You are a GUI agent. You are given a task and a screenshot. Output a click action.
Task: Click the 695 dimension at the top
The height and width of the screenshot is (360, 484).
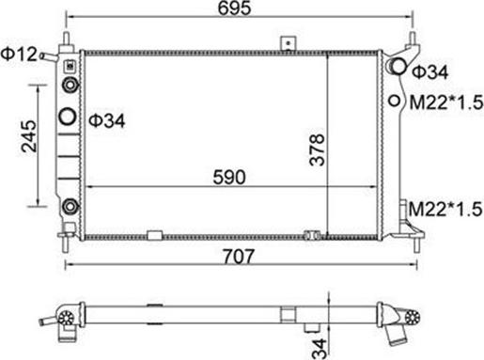click(x=235, y=8)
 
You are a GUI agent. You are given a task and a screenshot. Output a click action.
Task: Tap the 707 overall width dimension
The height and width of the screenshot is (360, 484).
click(x=239, y=257)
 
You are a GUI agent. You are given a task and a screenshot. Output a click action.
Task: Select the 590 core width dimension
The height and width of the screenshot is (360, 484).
click(x=229, y=178)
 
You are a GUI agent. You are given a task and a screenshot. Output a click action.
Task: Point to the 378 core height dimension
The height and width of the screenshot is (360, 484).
click(x=317, y=149)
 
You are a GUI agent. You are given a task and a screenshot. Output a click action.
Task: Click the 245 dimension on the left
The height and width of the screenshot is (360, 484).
click(x=29, y=136)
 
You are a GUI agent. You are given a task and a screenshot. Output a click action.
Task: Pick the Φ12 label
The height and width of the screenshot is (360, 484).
click(x=19, y=54)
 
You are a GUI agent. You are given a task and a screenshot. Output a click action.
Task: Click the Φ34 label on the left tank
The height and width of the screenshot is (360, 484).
click(x=107, y=120)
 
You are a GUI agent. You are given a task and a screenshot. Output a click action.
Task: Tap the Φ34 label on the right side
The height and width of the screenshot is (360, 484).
click(x=430, y=72)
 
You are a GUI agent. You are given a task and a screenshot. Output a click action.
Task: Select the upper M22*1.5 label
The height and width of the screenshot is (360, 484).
click(x=446, y=102)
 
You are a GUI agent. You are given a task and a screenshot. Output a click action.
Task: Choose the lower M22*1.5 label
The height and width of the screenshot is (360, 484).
click(x=445, y=209)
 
